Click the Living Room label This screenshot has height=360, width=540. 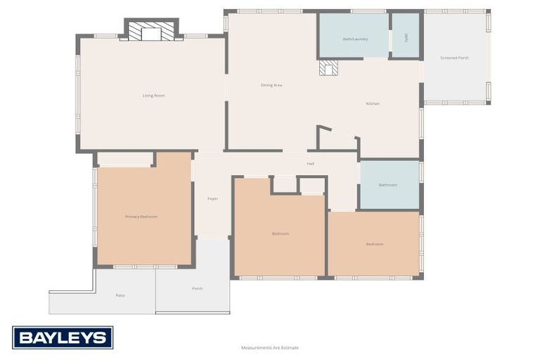pos(153,95)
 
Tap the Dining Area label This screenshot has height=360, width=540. pos(271,85)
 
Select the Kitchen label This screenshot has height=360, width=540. pos(373,103)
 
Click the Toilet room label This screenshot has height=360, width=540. pos(406,37)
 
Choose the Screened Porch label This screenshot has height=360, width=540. pos(454,58)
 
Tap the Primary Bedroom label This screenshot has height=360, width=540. pos(141,217)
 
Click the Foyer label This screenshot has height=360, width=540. pos(212,198)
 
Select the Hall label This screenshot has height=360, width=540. pos(310,164)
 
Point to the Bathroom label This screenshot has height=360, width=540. pos(388,185)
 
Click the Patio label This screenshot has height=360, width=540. pos(120,295)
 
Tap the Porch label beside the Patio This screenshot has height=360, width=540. pos(198,288)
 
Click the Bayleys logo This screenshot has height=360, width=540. pos(63,337)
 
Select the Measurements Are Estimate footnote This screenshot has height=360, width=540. pos(270,347)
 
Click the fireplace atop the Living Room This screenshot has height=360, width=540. pos(151,32)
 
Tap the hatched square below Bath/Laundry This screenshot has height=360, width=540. pos(328,67)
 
